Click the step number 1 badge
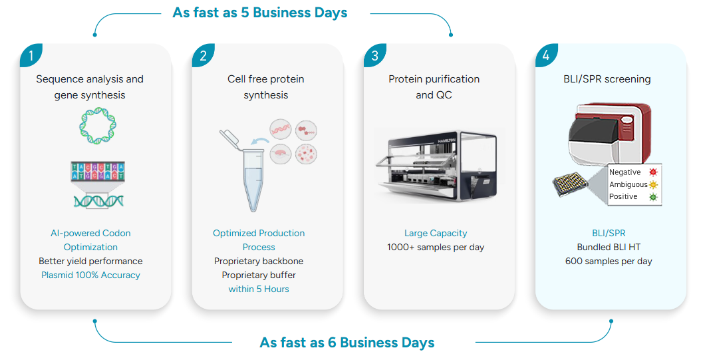(30, 55)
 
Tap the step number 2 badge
(202, 55)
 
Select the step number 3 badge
(374, 55)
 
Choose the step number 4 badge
(545, 55)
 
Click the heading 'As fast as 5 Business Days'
(259, 13)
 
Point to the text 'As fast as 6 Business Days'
(347, 343)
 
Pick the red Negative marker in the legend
(653, 172)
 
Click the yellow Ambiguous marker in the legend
(653, 184)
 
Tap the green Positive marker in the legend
(653, 197)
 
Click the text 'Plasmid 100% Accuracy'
(90, 275)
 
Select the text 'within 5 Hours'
(259, 289)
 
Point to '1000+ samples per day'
(436, 247)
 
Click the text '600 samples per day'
(608, 261)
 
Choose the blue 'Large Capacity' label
(436, 233)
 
